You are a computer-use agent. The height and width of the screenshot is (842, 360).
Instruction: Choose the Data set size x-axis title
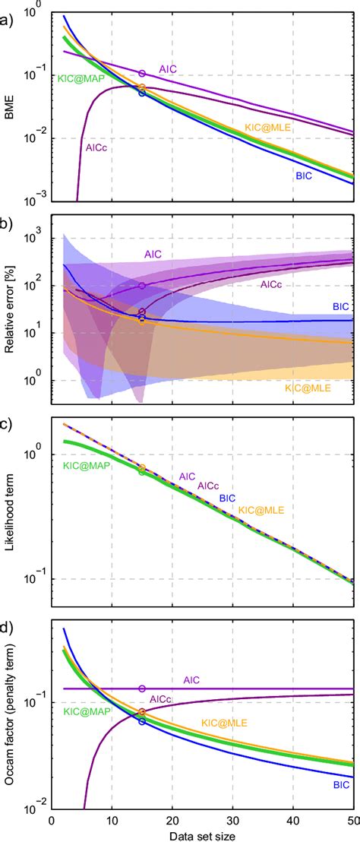202,834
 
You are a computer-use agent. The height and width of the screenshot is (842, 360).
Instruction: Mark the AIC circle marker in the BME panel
142,74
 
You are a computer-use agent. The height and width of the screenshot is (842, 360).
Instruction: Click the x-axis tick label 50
352,819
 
